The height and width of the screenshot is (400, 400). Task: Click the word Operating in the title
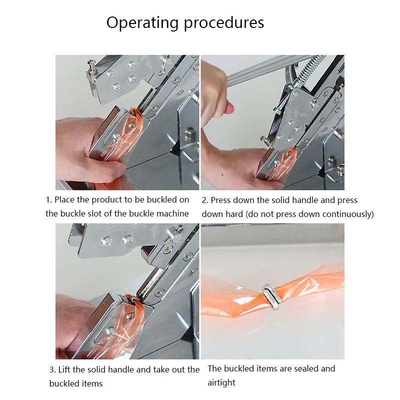[x=142, y=23]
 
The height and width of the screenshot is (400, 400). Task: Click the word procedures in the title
[x=223, y=23]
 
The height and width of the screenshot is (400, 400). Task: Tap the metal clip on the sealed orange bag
[x=272, y=296]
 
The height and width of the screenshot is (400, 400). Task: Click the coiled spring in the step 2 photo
[x=312, y=68]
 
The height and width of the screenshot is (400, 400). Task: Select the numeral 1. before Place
[x=48, y=199]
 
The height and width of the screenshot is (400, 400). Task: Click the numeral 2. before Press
[x=205, y=200]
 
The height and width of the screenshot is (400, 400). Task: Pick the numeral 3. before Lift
[x=52, y=369]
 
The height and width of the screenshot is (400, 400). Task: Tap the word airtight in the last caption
[x=221, y=382]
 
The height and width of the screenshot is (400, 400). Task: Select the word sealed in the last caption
[x=305, y=368]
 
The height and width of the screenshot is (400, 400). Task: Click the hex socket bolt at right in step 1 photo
[x=190, y=133]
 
